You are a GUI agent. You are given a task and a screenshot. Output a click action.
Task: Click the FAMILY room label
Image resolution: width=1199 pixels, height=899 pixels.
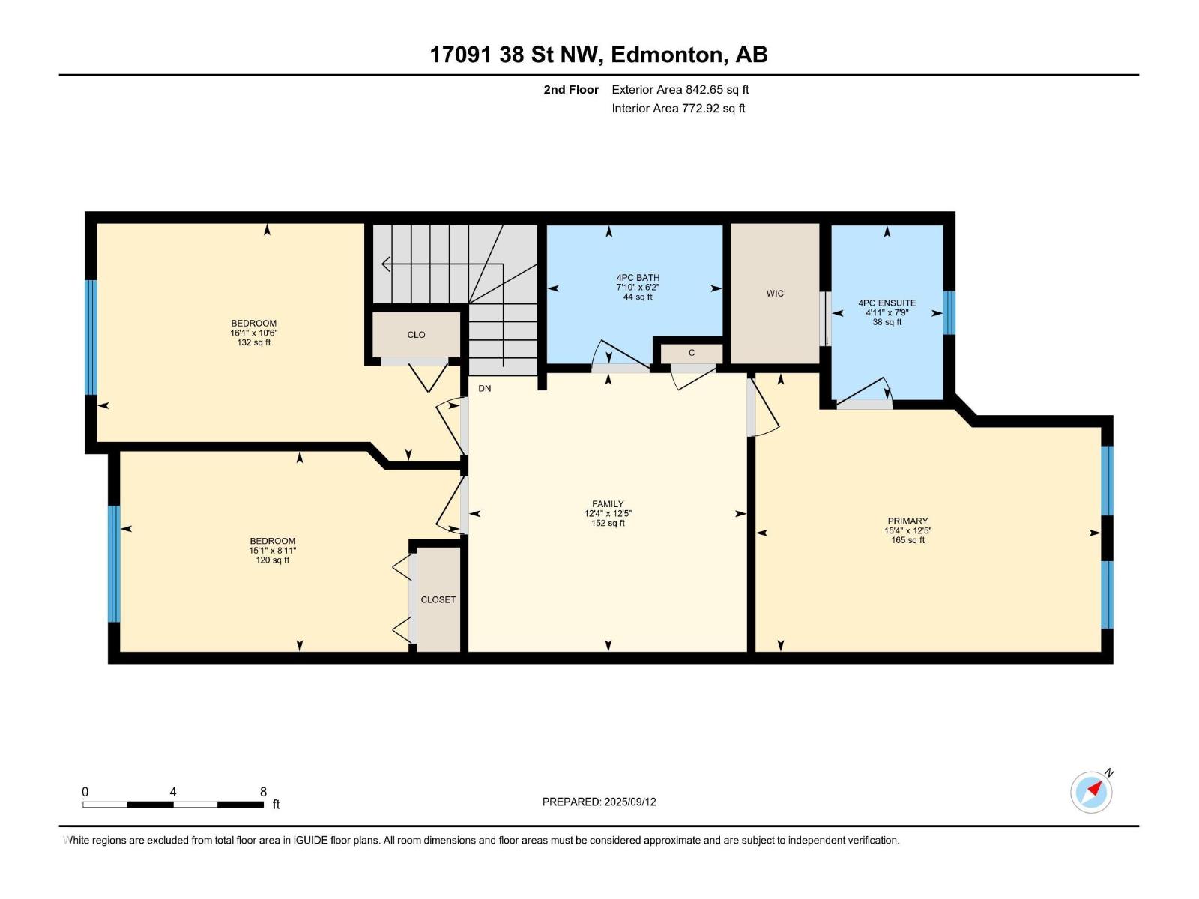(608, 503)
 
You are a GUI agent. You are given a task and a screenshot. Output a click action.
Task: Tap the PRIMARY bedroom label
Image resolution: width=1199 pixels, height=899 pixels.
(907, 521)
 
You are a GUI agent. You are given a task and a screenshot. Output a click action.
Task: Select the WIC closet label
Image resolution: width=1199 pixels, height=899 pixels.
(775, 293)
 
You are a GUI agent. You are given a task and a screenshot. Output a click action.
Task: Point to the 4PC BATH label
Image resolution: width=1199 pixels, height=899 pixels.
(638, 277)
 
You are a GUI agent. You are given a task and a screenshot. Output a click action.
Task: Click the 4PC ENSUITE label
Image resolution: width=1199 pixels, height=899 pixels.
(887, 303)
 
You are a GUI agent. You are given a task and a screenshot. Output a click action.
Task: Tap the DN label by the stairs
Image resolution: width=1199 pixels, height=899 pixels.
(485, 388)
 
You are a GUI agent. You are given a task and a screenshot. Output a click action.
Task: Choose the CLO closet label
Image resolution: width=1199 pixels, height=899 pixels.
(416, 335)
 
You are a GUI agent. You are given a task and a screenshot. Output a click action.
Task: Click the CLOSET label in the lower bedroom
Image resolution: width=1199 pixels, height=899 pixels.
(438, 599)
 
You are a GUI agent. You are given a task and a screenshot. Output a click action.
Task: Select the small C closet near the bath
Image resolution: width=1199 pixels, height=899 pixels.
(692, 353)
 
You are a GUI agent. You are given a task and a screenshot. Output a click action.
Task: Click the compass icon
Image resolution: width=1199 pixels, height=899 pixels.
(1091, 792)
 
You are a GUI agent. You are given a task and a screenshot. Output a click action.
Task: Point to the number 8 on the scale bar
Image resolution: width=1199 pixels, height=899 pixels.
(263, 791)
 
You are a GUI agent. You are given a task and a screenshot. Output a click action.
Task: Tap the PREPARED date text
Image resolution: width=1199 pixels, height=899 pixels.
(599, 802)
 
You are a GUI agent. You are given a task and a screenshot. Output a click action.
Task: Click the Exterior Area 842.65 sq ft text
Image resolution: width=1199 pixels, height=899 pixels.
(680, 89)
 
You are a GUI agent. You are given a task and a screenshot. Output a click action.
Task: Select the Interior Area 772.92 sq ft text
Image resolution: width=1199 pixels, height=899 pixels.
(678, 108)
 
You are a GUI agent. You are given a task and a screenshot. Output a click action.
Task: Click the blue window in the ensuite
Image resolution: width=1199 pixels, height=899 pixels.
(949, 312)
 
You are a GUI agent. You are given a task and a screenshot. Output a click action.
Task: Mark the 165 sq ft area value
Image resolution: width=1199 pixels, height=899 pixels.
(907, 540)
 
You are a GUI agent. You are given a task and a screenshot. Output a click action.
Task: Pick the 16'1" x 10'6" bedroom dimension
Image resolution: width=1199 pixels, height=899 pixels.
(253, 333)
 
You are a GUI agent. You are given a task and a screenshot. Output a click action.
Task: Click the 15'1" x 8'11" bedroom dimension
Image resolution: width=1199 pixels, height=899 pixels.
(272, 550)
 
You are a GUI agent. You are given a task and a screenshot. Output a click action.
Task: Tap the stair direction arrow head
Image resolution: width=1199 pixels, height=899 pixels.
(386, 264)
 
